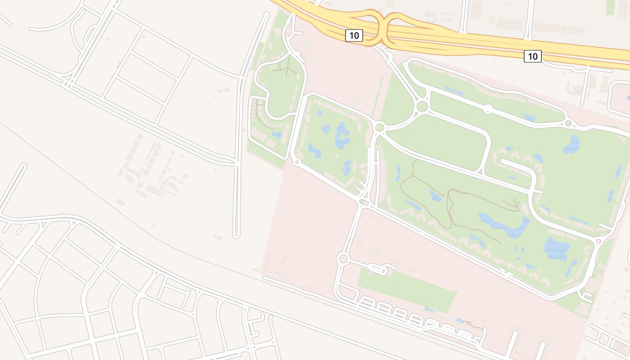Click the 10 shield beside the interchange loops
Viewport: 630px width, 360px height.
354,36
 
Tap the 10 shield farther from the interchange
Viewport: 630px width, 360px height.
532,56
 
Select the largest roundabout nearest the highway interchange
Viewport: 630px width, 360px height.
422,107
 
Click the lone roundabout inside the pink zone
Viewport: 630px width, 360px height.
343,259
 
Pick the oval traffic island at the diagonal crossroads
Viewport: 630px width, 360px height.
363,203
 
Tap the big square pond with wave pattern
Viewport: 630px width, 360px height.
557,249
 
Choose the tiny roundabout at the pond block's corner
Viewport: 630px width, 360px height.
297,162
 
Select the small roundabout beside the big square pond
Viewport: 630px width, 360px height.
598,242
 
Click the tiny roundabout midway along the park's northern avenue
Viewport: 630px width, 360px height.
488,109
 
